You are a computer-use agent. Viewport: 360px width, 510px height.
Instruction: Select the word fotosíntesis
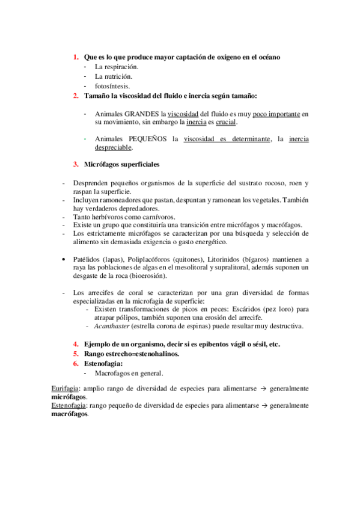click(112, 86)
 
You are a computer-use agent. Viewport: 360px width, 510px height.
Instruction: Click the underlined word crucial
click(226, 122)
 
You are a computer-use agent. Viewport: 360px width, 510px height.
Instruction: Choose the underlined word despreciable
click(113, 148)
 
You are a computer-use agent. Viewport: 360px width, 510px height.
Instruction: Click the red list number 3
click(76, 164)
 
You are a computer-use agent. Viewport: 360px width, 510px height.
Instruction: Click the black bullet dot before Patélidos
click(64, 259)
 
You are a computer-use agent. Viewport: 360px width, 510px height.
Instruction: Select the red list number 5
click(76, 354)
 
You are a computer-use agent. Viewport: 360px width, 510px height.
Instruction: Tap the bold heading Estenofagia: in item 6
click(104, 363)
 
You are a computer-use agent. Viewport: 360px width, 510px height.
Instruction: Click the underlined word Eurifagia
click(65, 389)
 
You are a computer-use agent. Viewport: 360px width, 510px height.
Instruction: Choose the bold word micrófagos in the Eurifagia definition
click(69, 398)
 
